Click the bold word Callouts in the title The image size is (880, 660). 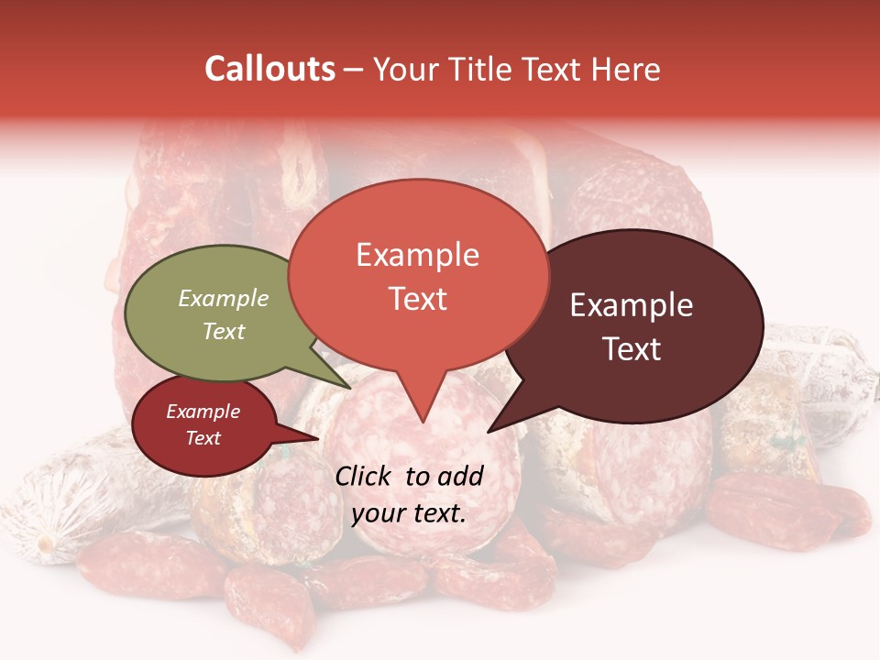coord(269,69)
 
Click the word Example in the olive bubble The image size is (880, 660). coord(224,299)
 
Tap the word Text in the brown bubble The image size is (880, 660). coord(632,349)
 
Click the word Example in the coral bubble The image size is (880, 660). coord(417,255)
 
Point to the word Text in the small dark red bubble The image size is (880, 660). coord(203,438)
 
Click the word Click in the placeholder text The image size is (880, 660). coord(365,476)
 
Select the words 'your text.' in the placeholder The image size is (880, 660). coord(409,513)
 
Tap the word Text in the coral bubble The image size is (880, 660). coord(417,299)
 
